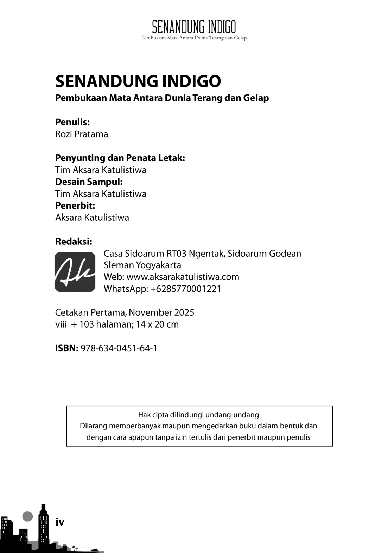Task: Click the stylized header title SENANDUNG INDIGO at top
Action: pos(194,27)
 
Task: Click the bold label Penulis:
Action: pos(72,122)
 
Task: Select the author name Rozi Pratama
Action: pos(82,134)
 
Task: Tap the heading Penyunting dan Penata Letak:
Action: pos(120,158)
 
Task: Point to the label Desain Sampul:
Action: pos(89,182)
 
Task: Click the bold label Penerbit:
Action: pos(75,205)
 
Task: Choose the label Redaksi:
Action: pos(74,242)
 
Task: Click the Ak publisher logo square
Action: pos(75,272)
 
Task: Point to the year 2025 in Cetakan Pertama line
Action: pos(183,312)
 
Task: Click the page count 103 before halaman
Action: pos(87,324)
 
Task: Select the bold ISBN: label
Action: pos(67,348)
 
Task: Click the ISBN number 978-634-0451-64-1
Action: pos(119,348)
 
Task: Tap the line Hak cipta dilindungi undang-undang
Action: pos(198,415)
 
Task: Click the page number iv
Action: pos(60,522)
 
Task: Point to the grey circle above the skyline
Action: pos(27,516)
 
